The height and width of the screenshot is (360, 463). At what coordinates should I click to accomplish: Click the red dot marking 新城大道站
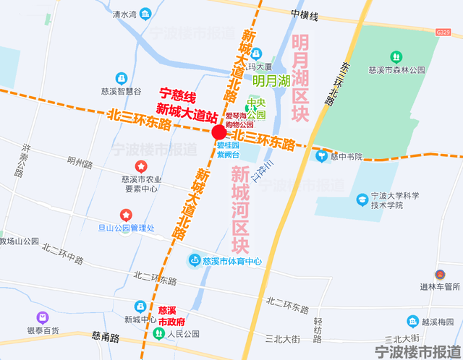(218, 132)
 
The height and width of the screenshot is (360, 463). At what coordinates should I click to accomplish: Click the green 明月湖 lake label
(271, 81)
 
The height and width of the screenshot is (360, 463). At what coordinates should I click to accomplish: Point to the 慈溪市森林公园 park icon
(396, 56)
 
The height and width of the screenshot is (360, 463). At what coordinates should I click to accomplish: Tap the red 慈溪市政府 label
(171, 315)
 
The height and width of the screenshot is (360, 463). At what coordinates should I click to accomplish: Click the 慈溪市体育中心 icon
(195, 260)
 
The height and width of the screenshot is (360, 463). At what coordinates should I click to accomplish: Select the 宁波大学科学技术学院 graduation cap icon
(361, 198)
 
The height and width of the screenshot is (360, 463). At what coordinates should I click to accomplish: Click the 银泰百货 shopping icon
(43, 317)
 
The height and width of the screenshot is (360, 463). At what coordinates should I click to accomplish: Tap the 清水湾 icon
(146, 14)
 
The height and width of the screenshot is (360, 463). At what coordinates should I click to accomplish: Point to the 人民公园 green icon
(158, 334)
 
